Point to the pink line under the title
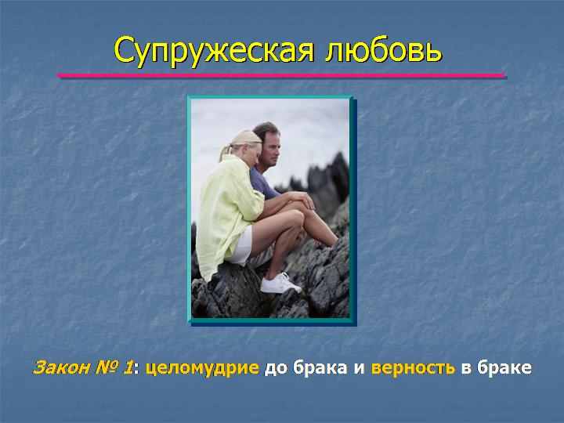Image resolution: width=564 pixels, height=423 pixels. click(x=282, y=75)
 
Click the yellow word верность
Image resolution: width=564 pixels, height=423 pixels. click(x=413, y=368)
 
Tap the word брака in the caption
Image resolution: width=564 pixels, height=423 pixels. click(x=320, y=367)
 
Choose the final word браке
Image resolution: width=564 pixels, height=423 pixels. click(x=504, y=367)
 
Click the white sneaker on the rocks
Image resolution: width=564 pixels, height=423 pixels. click(x=280, y=284)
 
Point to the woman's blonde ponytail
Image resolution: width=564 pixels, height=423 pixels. click(x=226, y=152)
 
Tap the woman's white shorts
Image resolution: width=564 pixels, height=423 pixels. click(x=240, y=247)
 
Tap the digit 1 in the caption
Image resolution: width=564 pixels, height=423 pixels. click(x=128, y=367)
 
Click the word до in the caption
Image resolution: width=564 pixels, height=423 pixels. click(x=275, y=368)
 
